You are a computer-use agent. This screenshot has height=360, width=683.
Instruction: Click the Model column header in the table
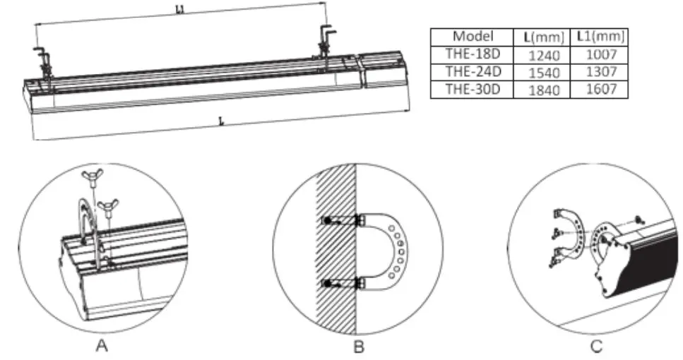pyautogui.click(x=473, y=36)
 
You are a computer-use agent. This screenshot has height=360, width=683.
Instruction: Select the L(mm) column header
pyautogui.click(x=543, y=36)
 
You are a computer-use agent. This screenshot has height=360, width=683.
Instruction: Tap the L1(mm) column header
pyautogui.click(x=600, y=36)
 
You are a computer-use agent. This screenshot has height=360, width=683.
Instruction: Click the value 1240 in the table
pyautogui.click(x=543, y=54)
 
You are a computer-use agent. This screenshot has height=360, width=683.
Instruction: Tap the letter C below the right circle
pyautogui.click(x=595, y=346)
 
